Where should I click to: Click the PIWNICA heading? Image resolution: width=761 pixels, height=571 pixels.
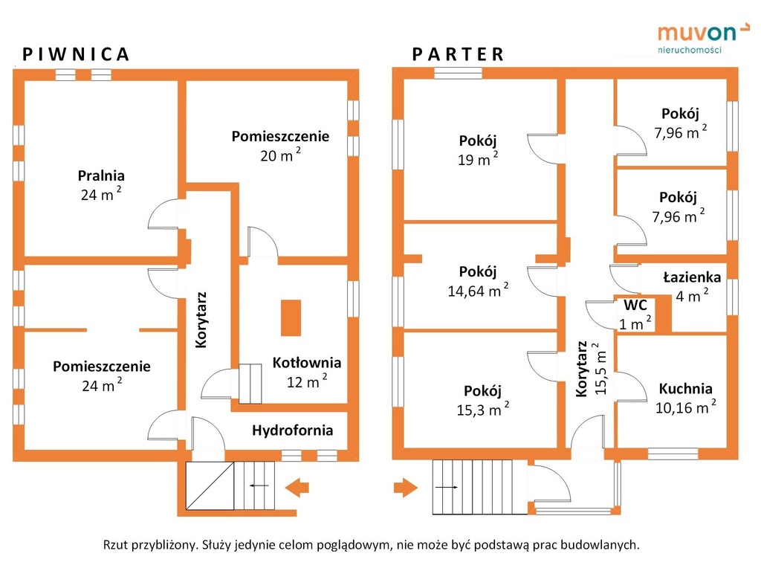tap(77, 54)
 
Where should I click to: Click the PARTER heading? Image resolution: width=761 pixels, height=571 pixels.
tap(459, 54)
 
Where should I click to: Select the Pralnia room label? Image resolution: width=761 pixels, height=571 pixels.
tap(101, 176)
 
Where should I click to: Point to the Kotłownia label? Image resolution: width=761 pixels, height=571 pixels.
tap(306, 364)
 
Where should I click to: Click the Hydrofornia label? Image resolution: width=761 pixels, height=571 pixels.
tap(292, 430)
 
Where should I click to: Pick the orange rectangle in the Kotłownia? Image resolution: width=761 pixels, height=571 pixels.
tap(291, 317)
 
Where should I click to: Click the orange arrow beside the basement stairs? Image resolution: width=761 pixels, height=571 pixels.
tap(297, 488)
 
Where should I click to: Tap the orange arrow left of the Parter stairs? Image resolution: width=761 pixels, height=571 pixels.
tap(406, 488)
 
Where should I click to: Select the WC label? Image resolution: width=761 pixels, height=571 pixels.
tap(635, 306)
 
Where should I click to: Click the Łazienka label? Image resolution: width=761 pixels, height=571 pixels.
tap(692, 278)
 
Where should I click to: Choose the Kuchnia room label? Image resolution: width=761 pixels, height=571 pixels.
tap(685, 389)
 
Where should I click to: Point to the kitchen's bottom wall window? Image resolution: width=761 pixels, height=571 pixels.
tap(673, 454)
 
